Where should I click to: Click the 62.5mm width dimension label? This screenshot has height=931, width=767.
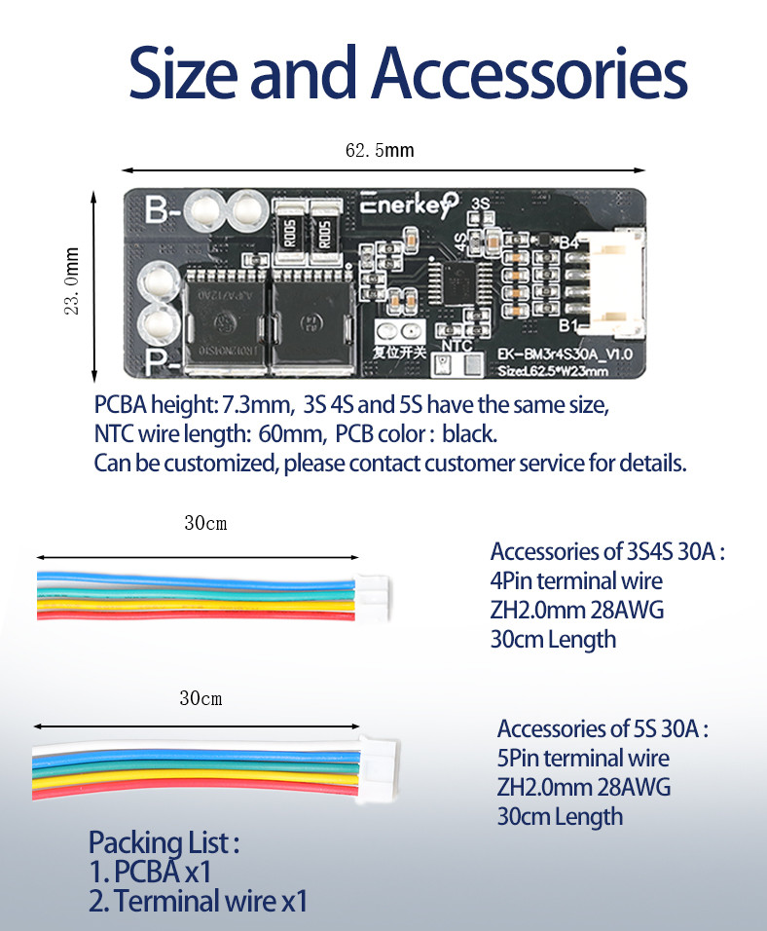379,150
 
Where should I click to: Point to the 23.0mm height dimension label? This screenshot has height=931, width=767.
71,286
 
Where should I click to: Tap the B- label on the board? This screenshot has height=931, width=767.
163,209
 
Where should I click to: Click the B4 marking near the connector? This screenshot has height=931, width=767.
569,242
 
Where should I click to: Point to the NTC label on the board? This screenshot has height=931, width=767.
457,345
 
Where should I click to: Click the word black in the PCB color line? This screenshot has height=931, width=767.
469,434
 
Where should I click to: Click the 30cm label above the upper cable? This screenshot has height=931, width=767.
205,523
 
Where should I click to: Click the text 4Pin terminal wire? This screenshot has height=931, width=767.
576,581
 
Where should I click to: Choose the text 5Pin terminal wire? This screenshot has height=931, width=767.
583,758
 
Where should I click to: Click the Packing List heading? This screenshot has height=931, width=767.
164,842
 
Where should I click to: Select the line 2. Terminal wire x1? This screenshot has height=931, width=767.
198,901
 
